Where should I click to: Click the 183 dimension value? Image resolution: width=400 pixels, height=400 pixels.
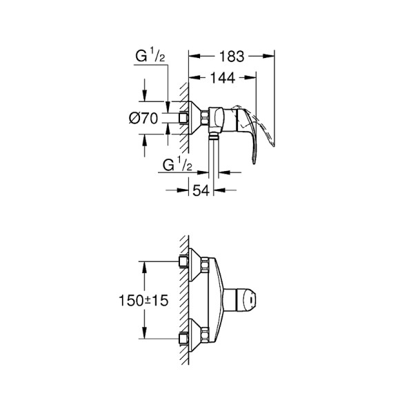231,53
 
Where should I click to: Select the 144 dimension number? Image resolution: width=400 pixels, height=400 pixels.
221,79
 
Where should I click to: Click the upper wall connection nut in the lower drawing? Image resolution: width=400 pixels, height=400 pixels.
184,261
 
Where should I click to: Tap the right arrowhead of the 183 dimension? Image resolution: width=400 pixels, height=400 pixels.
271,53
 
